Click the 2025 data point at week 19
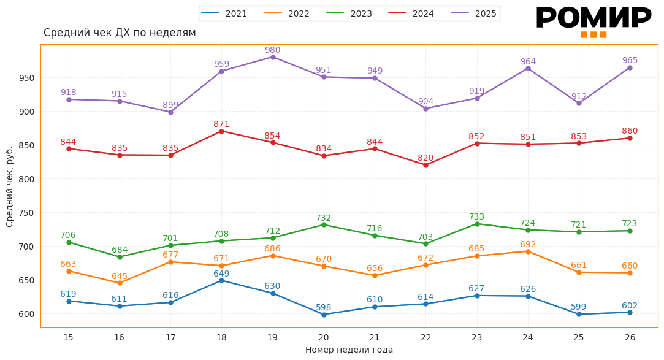(273, 57)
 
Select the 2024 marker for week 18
(221, 131)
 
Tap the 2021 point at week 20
(324, 315)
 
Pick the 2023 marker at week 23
(477, 224)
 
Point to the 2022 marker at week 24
(528, 251)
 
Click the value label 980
(273, 50)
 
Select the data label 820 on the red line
(425, 158)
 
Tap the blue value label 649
(221, 274)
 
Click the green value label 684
(120, 250)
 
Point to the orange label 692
(528, 245)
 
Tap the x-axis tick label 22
(425, 337)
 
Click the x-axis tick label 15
(68, 337)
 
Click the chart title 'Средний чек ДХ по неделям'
(120, 33)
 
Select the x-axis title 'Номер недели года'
(349, 350)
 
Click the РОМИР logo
(593, 20)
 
